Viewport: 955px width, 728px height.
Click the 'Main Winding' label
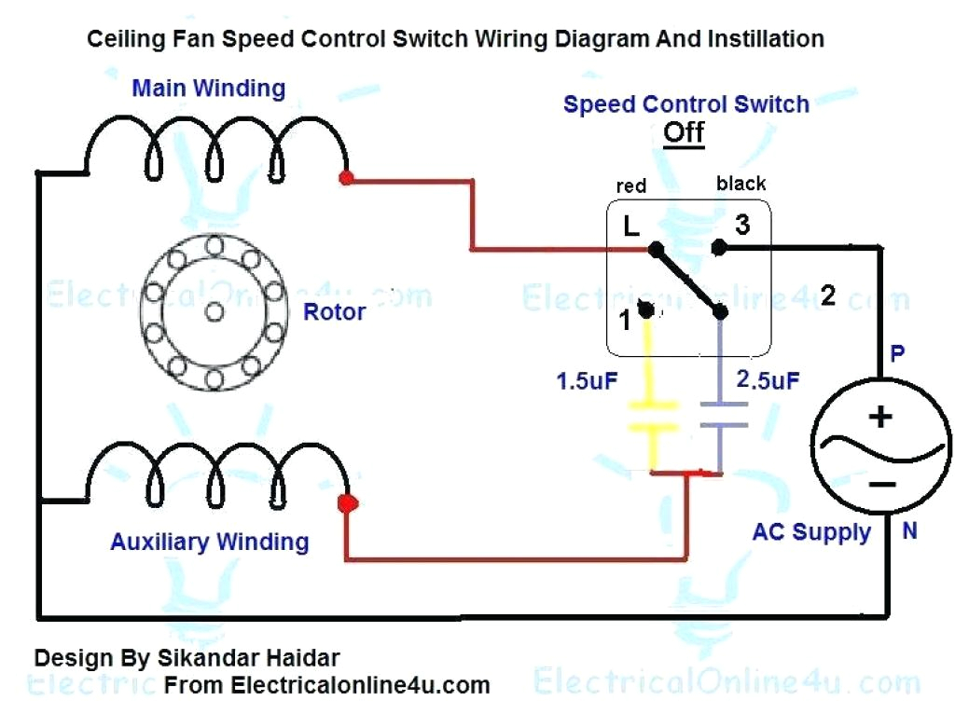[x=208, y=89]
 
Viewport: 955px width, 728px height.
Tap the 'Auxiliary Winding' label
[x=209, y=542]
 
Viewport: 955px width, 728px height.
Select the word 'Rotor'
[x=334, y=311]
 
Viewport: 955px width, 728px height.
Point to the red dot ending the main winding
[x=346, y=177]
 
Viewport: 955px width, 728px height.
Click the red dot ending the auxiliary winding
[x=347, y=504]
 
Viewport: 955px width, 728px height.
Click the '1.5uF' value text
[x=588, y=381]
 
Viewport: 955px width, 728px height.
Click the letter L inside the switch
[x=630, y=227]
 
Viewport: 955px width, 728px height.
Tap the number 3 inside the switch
[x=741, y=225]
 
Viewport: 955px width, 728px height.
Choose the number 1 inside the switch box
[x=625, y=320]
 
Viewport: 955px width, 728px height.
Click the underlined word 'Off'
[x=683, y=131]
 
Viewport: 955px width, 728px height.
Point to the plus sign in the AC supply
[x=879, y=416]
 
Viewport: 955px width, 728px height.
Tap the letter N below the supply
[x=909, y=531]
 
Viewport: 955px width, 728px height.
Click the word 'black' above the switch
[x=740, y=184]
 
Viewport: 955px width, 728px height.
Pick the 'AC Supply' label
[x=811, y=532]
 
